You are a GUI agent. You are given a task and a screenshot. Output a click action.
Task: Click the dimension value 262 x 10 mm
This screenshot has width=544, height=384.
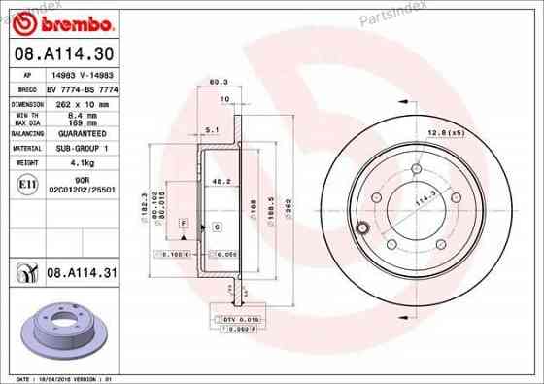pos(81,102)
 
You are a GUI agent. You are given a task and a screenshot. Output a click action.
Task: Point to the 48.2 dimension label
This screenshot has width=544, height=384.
pos(221,180)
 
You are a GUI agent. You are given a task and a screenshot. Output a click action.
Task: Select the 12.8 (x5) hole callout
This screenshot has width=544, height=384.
pos(443,132)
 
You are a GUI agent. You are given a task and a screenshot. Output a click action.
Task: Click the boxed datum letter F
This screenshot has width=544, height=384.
pos(181,224)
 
